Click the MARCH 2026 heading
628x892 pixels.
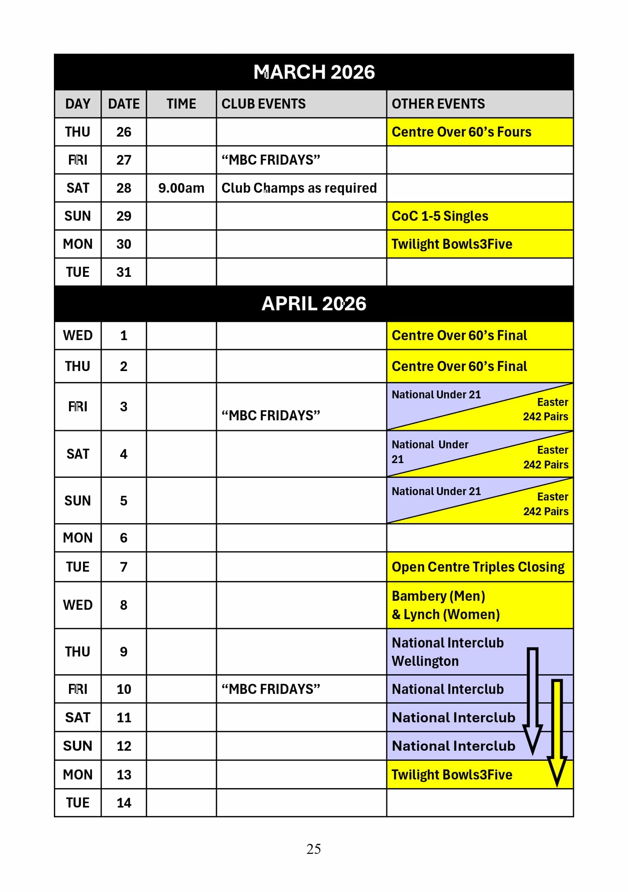(314, 72)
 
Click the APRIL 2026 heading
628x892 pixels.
(314, 303)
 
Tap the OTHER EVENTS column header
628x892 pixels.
(438, 104)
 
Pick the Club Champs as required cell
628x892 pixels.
(299, 188)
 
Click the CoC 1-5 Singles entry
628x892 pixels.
(439, 216)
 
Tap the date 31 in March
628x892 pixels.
(124, 272)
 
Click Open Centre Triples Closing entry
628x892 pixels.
(478, 567)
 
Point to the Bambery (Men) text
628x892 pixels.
(438, 596)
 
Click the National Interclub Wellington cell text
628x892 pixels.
(447, 651)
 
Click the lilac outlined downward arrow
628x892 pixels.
(532, 699)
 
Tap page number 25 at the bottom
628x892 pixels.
(314, 849)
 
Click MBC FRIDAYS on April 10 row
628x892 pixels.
(271, 689)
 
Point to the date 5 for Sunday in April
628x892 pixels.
(124, 501)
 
